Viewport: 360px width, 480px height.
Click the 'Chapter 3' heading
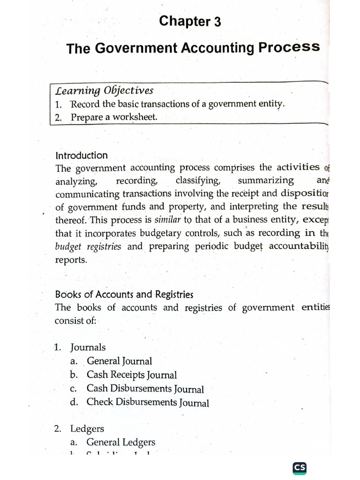click(x=190, y=22)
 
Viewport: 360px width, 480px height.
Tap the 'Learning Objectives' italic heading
click(x=104, y=90)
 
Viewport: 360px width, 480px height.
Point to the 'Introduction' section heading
click(x=82, y=155)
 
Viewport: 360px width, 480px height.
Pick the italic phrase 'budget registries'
click(x=88, y=247)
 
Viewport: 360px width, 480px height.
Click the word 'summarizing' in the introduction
click(x=266, y=180)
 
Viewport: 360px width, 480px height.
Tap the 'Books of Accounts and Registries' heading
click(x=124, y=294)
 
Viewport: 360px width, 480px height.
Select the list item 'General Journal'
click(x=119, y=361)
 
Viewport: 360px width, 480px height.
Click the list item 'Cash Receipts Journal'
click(x=131, y=375)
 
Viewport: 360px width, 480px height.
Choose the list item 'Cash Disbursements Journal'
click(x=145, y=389)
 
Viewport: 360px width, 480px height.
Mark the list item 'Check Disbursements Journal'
click(x=148, y=402)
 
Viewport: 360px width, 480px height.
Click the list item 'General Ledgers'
click(x=120, y=442)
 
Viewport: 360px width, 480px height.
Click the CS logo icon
click(x=299, y=468)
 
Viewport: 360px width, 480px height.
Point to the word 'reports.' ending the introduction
click(x=71, y=260)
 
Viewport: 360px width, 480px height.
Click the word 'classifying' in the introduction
click(x=197, y=180)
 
